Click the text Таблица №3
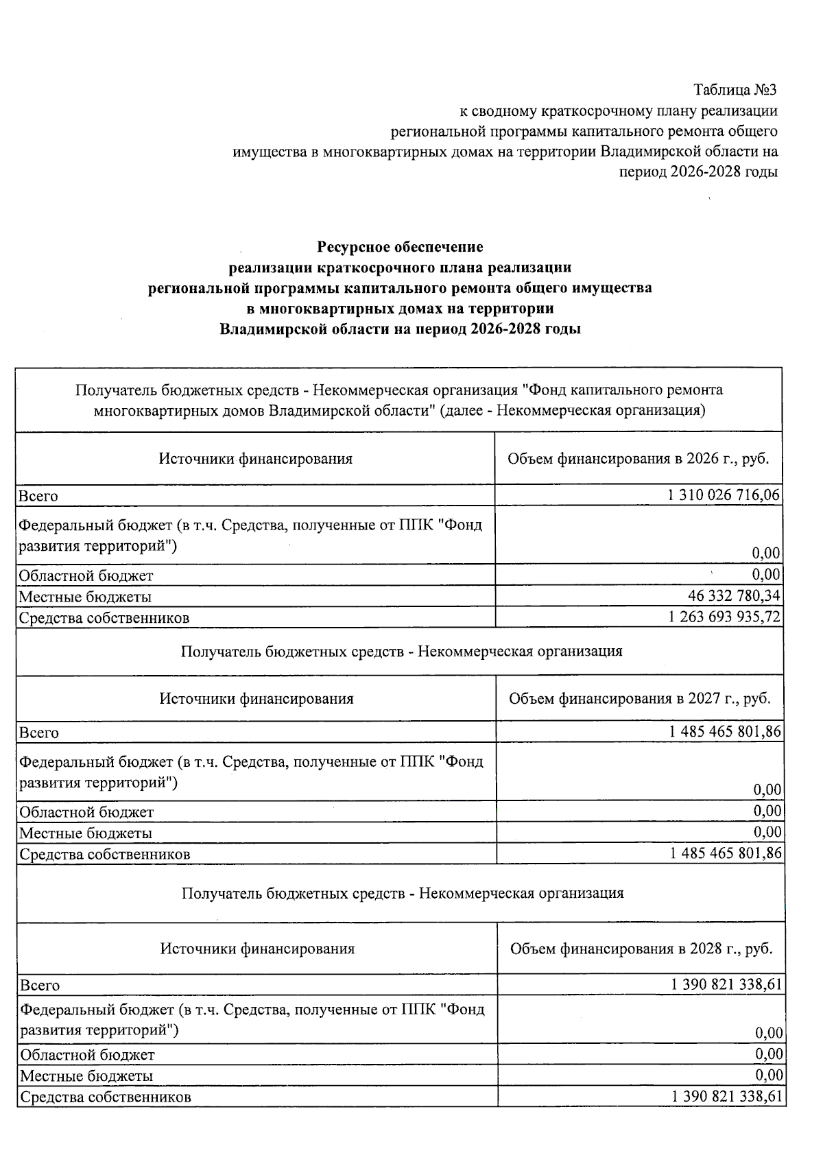(735, 90)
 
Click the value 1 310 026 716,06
(724, 495)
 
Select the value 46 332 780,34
(734, 595)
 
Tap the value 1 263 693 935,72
(724, 617)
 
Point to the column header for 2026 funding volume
(638, 458)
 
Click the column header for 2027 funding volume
(639, 698)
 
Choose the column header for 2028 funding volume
(641, 949)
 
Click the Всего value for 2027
(725, 732)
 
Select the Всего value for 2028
(727, 984)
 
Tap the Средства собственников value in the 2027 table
(725, 853)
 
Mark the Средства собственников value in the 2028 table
(727, 1096)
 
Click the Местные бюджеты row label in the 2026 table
(85, 596)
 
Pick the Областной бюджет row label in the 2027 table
(86, 812)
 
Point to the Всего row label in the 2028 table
(40, 985)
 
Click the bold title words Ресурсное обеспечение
(400, 246)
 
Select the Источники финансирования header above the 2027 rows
(257, 698)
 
